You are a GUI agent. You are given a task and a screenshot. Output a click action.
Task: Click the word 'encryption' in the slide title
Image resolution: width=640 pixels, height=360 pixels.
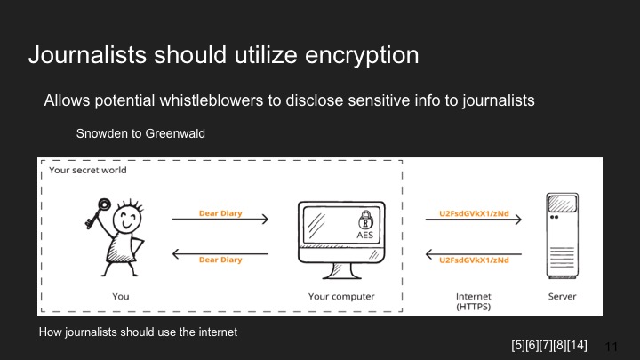359,55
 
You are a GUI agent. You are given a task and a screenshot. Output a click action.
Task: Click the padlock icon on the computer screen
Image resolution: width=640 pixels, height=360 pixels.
365,220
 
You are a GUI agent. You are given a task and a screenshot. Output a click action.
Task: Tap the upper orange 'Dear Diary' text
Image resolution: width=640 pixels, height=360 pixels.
220,214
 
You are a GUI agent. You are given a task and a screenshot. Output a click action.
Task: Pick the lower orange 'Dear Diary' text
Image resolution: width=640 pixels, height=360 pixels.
220,260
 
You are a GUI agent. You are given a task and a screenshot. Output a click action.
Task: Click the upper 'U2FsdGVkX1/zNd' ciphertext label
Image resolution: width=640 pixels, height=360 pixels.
474,214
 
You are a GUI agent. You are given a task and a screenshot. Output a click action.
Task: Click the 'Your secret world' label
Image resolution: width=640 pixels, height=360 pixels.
88,170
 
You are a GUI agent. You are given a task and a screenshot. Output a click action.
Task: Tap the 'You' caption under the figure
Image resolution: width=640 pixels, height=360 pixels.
122,296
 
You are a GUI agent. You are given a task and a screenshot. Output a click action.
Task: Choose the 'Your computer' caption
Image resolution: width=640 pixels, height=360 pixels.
341,296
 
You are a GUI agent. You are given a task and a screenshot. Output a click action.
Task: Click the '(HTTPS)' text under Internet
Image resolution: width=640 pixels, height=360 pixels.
473,307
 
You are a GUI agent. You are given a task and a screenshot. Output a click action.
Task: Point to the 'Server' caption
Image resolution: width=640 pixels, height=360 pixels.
562,296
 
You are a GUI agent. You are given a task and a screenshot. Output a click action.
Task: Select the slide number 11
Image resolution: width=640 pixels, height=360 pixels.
611,347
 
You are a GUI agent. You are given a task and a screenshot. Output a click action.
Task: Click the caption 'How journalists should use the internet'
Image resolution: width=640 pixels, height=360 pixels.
138,332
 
